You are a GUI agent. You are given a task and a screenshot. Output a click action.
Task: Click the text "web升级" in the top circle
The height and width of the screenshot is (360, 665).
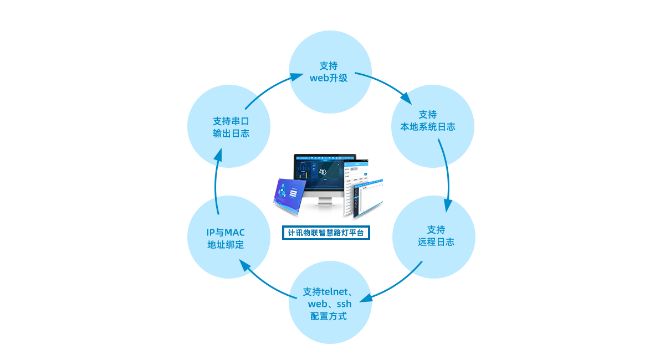point(329,78)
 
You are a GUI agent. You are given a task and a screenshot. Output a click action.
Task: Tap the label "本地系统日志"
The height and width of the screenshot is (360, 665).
point(428,127)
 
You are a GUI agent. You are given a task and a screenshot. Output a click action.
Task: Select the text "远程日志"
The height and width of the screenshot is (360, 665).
point(436,242)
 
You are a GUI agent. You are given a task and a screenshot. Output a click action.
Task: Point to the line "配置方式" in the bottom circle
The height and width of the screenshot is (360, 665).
point(329,316)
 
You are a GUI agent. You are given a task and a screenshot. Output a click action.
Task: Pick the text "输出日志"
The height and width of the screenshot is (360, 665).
point(231,133)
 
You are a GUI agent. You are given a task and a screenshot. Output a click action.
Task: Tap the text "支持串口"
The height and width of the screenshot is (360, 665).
point(231,121)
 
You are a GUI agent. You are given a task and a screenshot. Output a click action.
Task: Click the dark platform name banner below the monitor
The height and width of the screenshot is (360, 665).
point(326,233)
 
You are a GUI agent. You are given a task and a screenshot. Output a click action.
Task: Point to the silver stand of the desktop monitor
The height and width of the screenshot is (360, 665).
point(326,208)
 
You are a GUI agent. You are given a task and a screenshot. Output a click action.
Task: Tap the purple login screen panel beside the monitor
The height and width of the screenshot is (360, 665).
point(287,195)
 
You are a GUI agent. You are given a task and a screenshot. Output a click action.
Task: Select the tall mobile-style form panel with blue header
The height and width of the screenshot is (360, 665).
point(353,186)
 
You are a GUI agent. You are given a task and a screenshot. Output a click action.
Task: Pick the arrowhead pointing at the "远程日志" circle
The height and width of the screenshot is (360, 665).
point(448,205)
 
